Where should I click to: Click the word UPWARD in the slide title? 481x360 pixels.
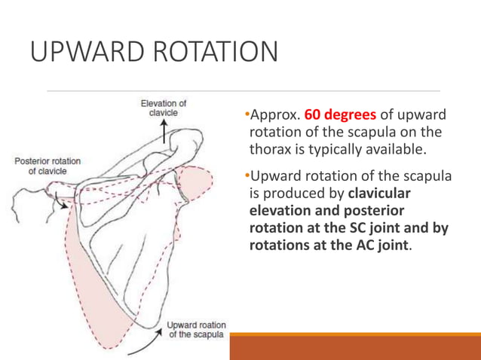(87, 51)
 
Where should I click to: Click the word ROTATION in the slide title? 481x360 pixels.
(216, 51)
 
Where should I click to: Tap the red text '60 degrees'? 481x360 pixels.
(340, 115)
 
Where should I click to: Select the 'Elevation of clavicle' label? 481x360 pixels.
(164, 108)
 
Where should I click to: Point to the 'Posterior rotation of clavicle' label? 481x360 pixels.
(47, 166)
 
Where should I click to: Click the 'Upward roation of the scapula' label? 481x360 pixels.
(196, 330)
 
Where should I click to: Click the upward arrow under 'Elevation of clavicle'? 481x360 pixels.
(164, 132)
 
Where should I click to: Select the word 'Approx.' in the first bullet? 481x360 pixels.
(275, 115)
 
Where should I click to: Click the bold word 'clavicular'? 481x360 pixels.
(379, 194)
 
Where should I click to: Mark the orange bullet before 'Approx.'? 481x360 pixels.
(247, 114)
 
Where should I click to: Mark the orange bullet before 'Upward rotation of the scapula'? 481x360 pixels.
(247, 176)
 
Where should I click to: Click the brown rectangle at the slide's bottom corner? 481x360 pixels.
(355, 346)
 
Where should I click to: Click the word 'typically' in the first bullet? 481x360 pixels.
(335, 150)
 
